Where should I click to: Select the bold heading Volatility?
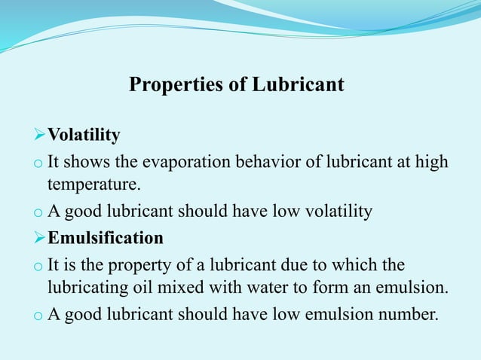tap(84, 136)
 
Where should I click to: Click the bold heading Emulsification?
tap(106, 239)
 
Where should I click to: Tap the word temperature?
tap(93, 183)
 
